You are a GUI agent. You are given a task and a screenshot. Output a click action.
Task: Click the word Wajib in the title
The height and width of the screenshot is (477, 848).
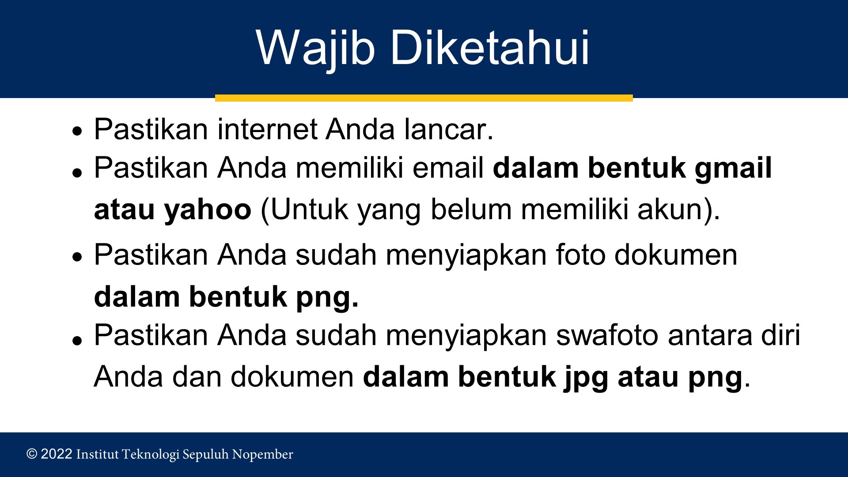tap(315, 49)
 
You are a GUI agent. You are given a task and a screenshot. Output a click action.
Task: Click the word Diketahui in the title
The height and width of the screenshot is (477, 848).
tap(490, 47)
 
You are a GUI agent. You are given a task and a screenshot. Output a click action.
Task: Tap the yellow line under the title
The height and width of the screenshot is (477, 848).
tap(424, 98)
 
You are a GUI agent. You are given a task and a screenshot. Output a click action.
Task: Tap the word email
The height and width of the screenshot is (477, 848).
tap(448, 168)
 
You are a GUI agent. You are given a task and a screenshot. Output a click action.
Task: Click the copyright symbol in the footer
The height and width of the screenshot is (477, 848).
tap(32, 454)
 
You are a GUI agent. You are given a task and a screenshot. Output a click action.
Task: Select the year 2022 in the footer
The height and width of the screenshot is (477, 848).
tap(57, 454)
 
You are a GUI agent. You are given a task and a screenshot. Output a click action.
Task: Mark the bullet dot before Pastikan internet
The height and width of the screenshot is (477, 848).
tap(78, 131)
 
